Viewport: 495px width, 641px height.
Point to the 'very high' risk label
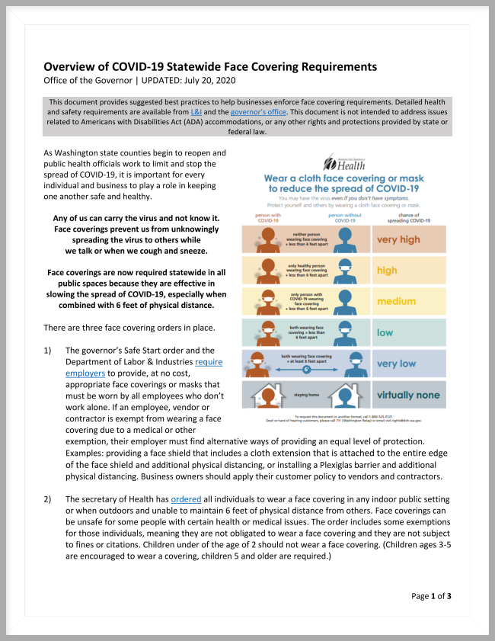pos(398,239)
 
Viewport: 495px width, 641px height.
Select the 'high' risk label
pos(388,271)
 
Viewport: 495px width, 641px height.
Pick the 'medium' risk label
pos(397,301)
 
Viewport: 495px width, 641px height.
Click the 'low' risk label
pos(385,333)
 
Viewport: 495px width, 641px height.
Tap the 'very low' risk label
pos(397,364)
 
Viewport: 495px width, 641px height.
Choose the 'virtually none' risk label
pos(408,395)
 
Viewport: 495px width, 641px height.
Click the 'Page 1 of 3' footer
pos(431,595)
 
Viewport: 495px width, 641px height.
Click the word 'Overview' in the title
pos(73,67)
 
